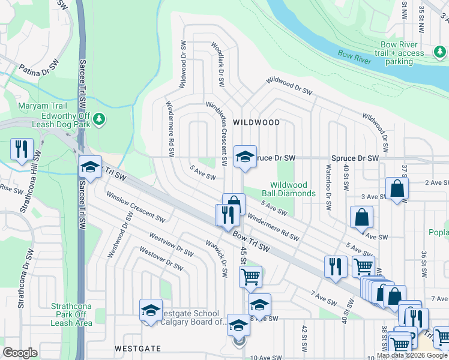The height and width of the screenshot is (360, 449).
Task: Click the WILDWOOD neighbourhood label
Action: (x=256, y=122)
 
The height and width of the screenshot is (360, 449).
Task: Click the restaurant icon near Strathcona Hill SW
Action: (x=22, y=149)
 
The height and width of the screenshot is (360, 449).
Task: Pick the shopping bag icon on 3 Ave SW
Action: (x=397, y=189)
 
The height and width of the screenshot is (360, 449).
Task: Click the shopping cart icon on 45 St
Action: (x=250, y=277)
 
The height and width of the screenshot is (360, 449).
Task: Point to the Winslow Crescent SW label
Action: (x=135, y=206)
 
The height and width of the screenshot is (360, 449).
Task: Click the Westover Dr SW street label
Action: (x=160, y=258)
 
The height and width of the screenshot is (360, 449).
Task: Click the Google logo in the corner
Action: (x=20, y=353)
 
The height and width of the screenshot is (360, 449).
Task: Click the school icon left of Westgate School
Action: (x=151, y=310)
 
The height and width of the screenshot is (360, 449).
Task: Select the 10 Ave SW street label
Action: (x=265, y=357)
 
